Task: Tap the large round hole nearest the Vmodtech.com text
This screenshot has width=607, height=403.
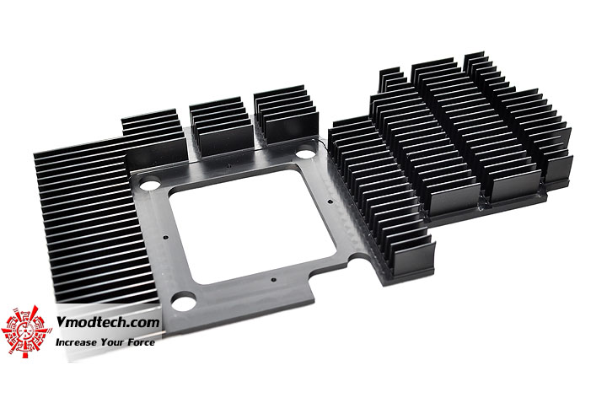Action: pyautogui.click(x=184, y=301)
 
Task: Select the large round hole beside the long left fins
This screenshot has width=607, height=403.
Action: pyautogui.click(x=150, y=184)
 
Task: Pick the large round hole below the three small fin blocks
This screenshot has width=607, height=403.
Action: pyautogui.click(x=306, y=153)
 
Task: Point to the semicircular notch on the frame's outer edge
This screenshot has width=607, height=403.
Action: pyautogui.click(x=356, y=256)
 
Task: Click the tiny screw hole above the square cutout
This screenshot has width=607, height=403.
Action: pyautogui.click(x=229, y=166)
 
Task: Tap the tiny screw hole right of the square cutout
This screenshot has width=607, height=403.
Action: pyautogui.click(x=330, y=201)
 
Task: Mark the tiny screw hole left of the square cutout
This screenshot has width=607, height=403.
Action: pyautogui.click(x=166, y=237)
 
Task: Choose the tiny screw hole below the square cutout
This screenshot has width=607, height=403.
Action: pyautogui.click(x=273, y=280)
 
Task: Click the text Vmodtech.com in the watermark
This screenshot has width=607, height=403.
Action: pyautogui.click(x=108, y=322)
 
